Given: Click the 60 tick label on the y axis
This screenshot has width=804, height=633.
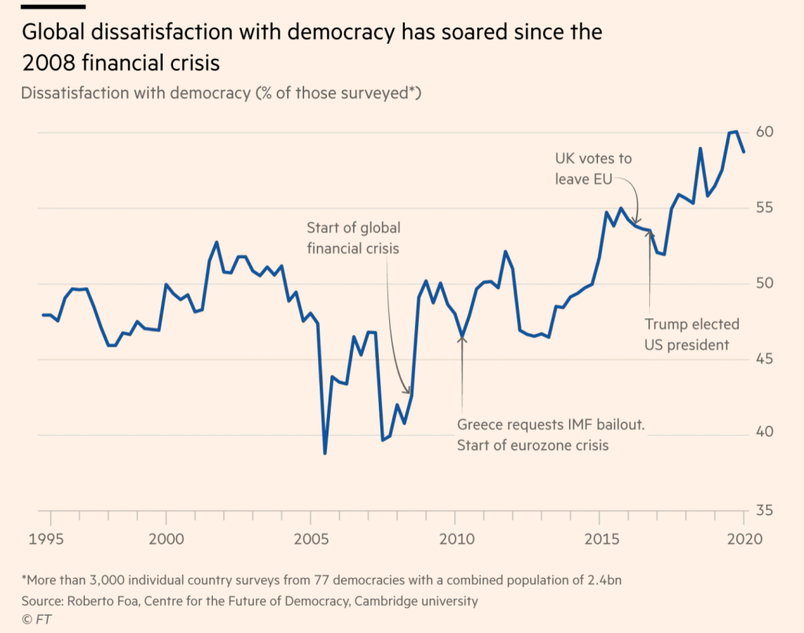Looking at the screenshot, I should point(765,131).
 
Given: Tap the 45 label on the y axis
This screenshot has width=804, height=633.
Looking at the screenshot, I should point(765,360).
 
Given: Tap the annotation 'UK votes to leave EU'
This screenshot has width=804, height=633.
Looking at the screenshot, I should point(593,169).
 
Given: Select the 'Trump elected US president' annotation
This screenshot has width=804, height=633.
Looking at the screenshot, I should point(692,334).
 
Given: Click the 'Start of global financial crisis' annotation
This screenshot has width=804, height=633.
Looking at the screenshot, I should point(353,238).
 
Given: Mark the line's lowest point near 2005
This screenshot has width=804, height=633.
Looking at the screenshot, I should point(325,453).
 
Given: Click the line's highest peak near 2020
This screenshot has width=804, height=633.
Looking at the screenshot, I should point(735,131).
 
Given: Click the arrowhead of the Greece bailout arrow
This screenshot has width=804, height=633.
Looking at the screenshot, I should point(462,337).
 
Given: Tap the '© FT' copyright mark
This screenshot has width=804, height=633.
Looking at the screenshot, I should point(35,620).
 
